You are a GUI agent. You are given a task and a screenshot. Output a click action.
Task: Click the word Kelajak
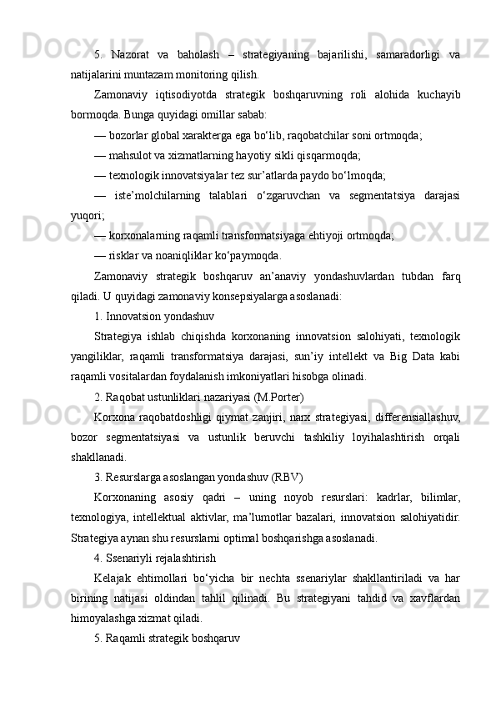click(115, 579)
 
